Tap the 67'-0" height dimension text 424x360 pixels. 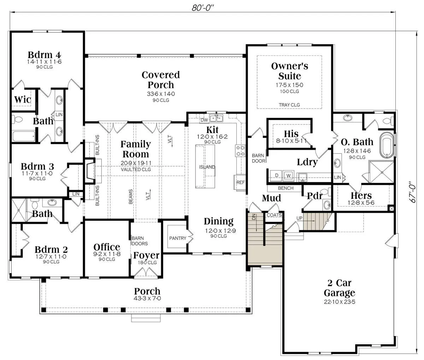412,192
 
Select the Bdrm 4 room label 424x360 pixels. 44,55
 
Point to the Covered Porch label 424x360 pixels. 161,80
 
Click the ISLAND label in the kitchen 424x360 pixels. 207,167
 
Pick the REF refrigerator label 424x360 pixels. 240,182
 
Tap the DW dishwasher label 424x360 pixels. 204,120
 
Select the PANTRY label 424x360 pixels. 178,238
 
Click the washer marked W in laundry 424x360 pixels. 288,176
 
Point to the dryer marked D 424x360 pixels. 277,176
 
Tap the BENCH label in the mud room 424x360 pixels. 285,188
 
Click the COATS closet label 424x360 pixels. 274,215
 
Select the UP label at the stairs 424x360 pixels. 299,218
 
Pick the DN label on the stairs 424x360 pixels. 254,217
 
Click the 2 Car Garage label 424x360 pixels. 340,288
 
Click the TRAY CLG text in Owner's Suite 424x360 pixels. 289,105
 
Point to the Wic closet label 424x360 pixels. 23,100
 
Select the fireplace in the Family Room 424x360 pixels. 90,171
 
